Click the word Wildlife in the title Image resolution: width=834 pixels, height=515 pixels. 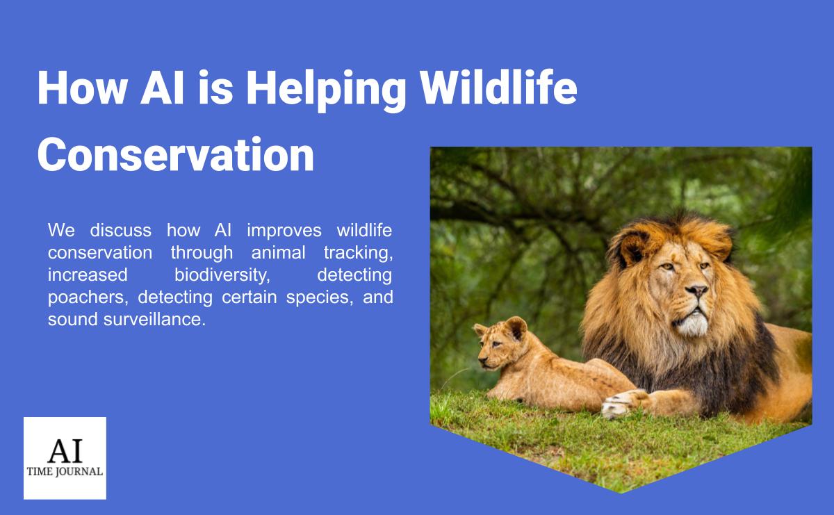(x=498, y=89)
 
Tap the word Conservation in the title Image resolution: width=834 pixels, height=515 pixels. (x=176, y=154)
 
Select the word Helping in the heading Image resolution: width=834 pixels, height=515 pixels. (x=326, y=90)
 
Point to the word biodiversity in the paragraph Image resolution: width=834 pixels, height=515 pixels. (x=222, y=275)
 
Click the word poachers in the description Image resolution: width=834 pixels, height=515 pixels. (x=88, y=297)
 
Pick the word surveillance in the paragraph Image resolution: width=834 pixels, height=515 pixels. (x=154, y=320)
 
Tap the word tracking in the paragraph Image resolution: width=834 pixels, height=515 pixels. (x=358, y=253)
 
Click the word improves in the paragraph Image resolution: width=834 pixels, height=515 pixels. (x=284, y=231)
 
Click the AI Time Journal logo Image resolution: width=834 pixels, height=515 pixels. (x=65, y=458)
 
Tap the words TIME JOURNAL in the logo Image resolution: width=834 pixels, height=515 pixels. (x=65, y=471)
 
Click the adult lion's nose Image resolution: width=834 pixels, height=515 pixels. (x=696, y=290)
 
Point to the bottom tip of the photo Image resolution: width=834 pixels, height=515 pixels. (x=621, y=493)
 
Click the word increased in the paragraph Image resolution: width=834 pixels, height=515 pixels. (x=88, y=275)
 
